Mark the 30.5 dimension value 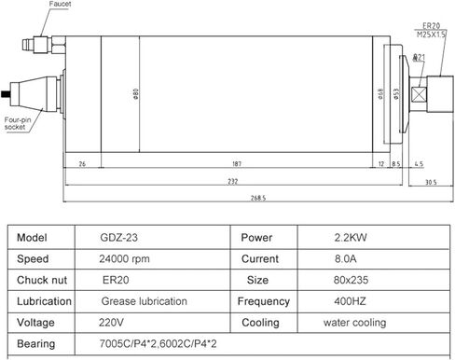[430, 181]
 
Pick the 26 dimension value [82, 162]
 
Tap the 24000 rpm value [125, 258]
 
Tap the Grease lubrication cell [144, 301]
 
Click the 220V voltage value [110, 323]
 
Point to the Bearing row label [37, 344]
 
